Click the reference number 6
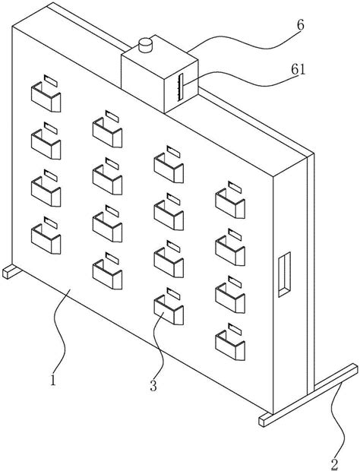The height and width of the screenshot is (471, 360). click(301, 25)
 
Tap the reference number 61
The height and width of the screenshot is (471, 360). click(298, 70)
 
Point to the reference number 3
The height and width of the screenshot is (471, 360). click(153, 385)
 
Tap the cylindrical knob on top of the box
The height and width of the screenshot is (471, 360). click(146, 45)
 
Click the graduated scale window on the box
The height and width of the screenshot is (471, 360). click(181, 87)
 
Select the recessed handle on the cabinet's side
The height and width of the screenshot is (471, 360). click(284, 274)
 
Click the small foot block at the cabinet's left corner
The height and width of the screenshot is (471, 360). click(11, 271)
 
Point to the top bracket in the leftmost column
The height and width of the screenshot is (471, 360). click(46, 97)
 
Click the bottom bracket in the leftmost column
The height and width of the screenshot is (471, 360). click(46, 239)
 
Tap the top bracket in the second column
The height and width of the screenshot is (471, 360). click(107, 133)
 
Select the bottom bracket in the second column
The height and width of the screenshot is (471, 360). click(107, 274)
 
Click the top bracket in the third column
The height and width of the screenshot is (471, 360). click(169, 168)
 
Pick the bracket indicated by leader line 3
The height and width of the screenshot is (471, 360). click(169, 310)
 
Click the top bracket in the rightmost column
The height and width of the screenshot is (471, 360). click(230, 204)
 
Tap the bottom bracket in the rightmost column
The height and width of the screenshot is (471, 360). click(230, 346)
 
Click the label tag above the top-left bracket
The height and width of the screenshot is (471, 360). click(51, 81)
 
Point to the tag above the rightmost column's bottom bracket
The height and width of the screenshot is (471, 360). click(235, 329)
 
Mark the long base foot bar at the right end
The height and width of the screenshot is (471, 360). click(308, 395)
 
